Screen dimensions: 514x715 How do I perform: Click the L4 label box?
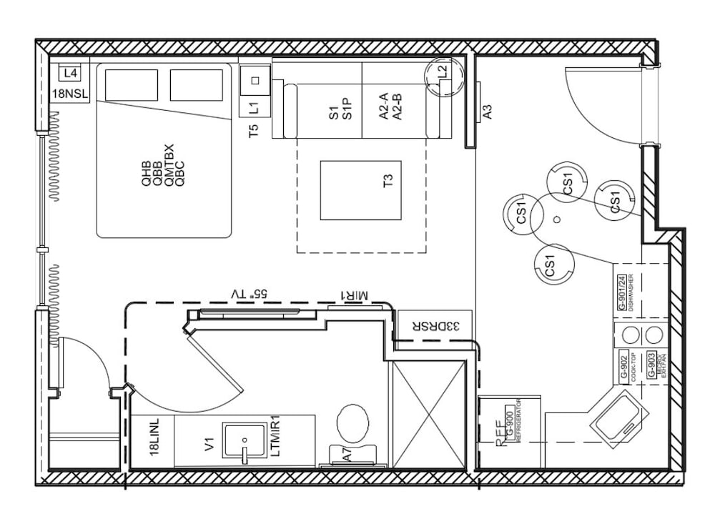pos(69,73)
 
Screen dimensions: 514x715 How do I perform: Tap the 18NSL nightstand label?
pos(69,94)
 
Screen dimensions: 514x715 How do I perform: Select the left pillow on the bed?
pos(131,85)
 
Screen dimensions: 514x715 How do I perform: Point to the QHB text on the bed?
pos(147,174)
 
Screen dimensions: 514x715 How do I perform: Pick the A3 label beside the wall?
pos(488,112)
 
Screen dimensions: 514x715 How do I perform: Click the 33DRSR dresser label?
pos(433,325)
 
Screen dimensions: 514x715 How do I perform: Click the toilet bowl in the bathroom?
pos(353,423)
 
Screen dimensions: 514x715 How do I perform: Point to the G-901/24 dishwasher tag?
pos(622,292)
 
